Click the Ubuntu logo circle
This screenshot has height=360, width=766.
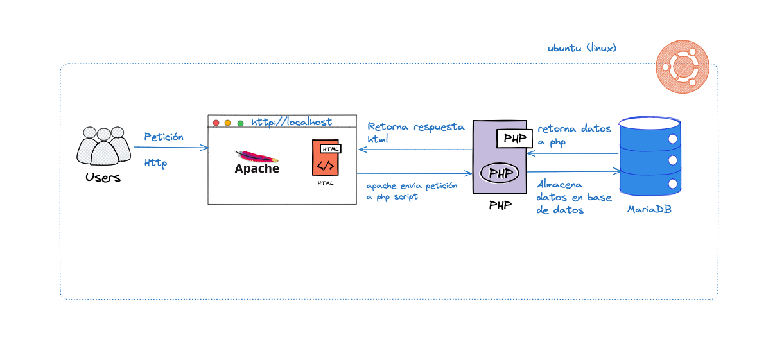pos(683,67)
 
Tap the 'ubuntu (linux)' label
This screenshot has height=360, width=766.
pos(582,48)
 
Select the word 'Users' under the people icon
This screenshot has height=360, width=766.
pos(103,178)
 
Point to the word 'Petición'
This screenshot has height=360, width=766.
pos(164,137)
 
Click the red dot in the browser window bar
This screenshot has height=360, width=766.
pos(216,123)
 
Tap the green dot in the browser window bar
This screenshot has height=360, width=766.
pos(240,123)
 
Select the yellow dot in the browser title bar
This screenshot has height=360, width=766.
pos(228,123)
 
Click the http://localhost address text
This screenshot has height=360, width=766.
pos(292,122)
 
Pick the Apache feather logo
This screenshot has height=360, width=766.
pos(256,157)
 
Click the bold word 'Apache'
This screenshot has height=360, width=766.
pos(257,169)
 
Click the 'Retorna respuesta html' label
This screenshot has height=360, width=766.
pos(415,132)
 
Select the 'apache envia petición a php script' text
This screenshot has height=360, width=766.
pos(412,191)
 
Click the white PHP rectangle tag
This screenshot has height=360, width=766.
pos(515,138)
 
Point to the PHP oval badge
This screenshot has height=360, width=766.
pos(500,173)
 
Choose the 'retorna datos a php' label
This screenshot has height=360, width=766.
pos(574,135)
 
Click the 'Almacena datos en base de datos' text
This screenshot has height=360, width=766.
pos(573,197)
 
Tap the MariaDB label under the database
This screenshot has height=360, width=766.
pos(649,209)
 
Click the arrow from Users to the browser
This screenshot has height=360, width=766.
pos(171,148)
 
